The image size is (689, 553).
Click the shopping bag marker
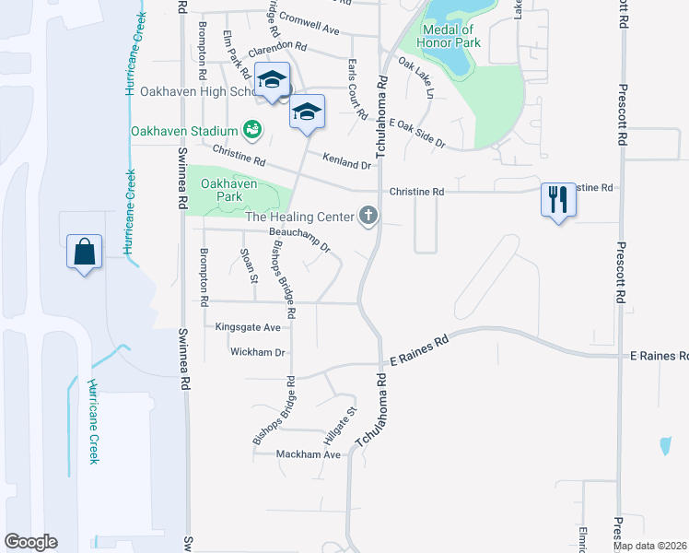[x=84, y=252]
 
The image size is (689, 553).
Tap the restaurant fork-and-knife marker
[x=557, y=199]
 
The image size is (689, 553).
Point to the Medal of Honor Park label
[x=447, y=36]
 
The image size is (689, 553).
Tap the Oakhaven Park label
[x=222, y=190]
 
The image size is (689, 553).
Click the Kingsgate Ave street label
[x=247, y=327]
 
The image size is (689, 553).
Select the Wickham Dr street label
[x=259, y=352]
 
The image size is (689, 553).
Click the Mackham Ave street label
[x=309, y=454]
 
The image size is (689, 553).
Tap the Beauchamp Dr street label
[x=299, y=240]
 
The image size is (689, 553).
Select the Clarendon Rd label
[x=276, y=44]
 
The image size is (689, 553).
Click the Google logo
[x=30, y=542]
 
